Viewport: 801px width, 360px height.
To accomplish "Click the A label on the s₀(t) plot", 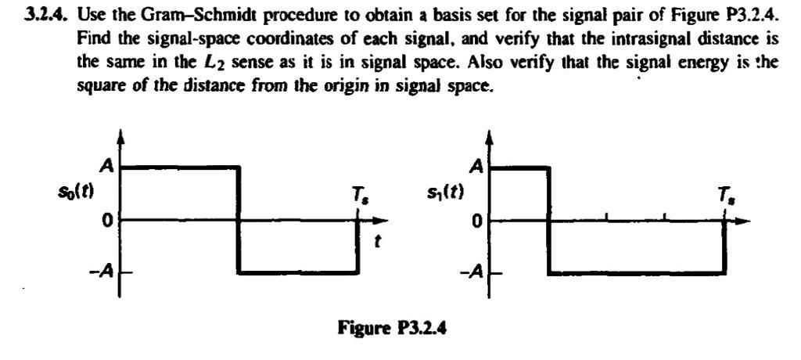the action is [x=105, y=166].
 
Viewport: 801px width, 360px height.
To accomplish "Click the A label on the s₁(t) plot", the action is [x=475, y=166].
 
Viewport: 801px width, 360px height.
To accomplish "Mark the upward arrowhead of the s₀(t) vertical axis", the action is [x=120, y=138].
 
